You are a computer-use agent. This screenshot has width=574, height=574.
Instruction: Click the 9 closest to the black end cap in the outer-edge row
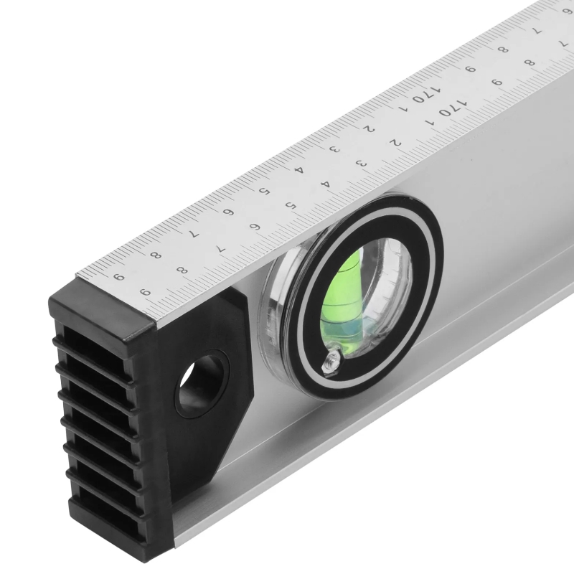tap(118, 277)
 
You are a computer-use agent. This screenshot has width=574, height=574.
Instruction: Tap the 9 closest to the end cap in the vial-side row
tap(146, 292)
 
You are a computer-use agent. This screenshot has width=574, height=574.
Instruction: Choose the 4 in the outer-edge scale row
tap(300, 170)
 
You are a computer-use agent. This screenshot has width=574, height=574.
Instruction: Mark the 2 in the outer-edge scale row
tap(369, 129)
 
